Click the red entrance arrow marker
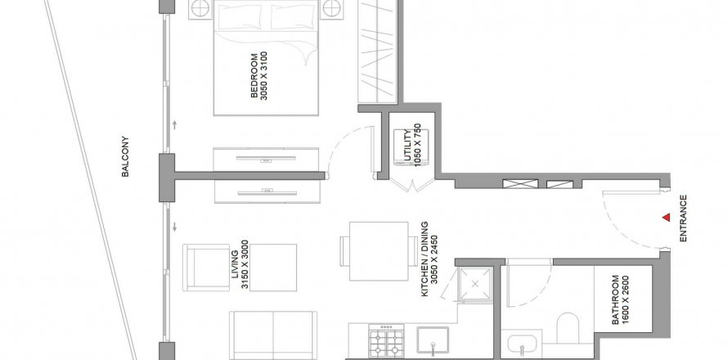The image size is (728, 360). pos(667,217)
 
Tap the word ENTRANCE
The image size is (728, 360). pos(683,218)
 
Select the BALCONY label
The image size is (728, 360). pos(125,156)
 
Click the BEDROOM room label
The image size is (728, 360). pos(254,76)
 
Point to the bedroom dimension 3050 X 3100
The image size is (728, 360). pos(264,76)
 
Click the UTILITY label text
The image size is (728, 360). pos(407,146)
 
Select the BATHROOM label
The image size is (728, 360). pos(615,300)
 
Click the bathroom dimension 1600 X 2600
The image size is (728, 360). pos(626,300)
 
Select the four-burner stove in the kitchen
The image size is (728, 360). pos(386,340)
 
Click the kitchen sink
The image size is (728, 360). pos(433,340)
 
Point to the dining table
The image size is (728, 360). pos(379,251)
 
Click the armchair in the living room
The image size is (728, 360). pos(206,268)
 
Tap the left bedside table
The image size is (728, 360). pos(200,9)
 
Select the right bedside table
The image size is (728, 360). pos(332,9)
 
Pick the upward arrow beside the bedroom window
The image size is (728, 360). pos(174,124)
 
